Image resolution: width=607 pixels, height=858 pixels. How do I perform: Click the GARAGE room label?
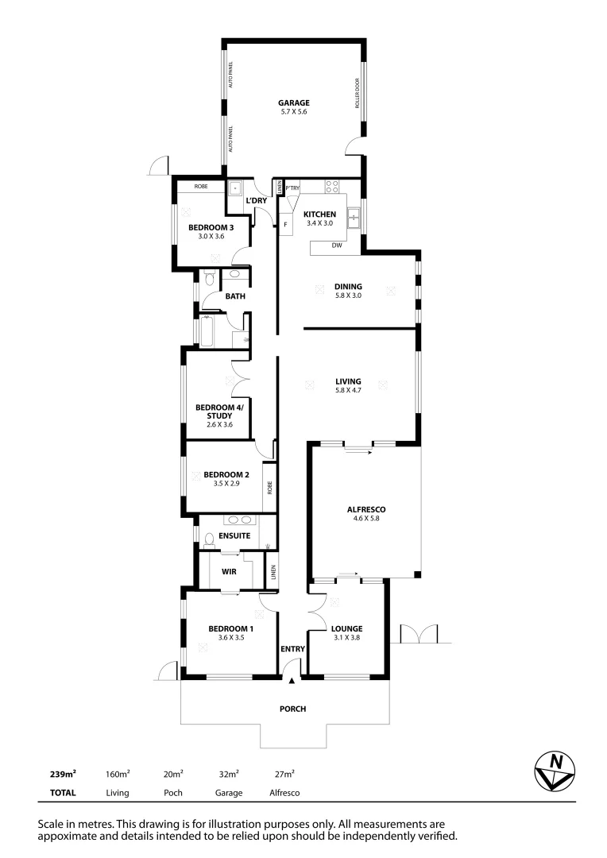[293, 102]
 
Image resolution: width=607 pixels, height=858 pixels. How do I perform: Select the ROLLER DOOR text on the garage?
[358, 93]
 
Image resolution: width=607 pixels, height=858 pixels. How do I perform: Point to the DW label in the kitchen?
[337, 245]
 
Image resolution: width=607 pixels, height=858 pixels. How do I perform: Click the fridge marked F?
[284, 225]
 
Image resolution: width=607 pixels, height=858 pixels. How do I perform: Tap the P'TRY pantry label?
[293, 187]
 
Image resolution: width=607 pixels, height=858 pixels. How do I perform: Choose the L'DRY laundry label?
[256, 200]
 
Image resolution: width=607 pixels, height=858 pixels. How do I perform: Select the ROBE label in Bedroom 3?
[201, 187]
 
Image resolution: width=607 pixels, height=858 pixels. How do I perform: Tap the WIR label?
[229, 571]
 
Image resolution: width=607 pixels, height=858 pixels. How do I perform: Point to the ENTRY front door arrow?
[292, 680]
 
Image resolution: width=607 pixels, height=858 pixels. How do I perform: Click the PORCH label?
[292, 709]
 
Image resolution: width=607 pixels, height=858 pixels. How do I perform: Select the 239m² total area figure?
[64, 773]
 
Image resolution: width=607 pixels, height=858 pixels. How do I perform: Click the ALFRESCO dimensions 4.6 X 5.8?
[365, 519]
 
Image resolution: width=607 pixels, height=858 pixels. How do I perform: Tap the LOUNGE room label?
[348, 628]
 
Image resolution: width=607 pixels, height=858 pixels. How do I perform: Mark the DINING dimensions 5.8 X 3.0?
[348, 296]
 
